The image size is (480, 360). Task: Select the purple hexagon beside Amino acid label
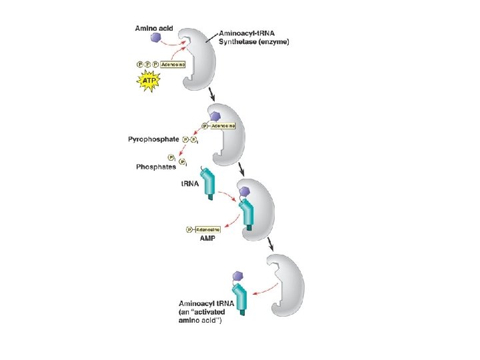pyautogui.click(x=156, y=38)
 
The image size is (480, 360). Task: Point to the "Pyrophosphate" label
pyautogui.click(x=153, y=139)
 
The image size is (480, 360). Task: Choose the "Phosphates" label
pyautogui.click(x=158, y=167)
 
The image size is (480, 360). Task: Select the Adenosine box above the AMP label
pyautogui.click(x=206, y=230)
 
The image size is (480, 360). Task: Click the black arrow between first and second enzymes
pyautogui.click(x=213, y=93)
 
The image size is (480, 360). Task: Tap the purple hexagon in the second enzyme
pyautogui.click(x=216, y=117)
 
